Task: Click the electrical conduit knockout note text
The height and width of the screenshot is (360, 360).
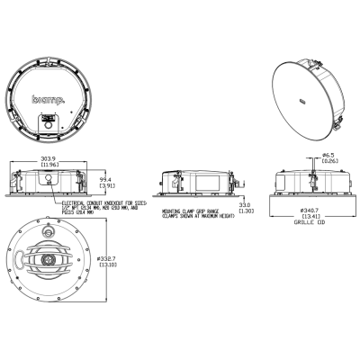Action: pyautogui.click(x=97, y=209)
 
